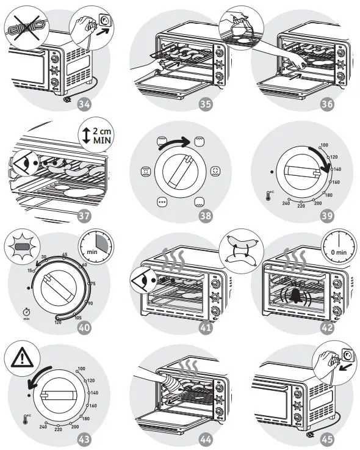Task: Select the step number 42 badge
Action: click(328, 328)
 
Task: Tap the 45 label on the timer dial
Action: click(64, 255)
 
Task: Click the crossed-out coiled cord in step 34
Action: click(23, 29)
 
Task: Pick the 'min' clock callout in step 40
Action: click(95, 250)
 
